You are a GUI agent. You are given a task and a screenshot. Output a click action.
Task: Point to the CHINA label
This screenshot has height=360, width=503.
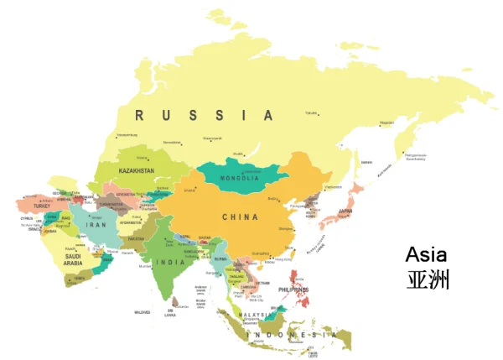[240, 217]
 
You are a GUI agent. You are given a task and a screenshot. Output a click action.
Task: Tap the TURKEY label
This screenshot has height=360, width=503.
[42, 206]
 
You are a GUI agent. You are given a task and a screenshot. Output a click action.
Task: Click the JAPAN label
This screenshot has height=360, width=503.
[345, 211]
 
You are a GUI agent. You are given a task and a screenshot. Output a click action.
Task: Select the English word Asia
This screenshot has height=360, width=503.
[426, 254]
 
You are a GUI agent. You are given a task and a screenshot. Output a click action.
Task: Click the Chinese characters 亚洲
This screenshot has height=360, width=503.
[428, 279]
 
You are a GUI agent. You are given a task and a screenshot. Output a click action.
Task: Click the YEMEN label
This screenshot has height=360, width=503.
[79, 278]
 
